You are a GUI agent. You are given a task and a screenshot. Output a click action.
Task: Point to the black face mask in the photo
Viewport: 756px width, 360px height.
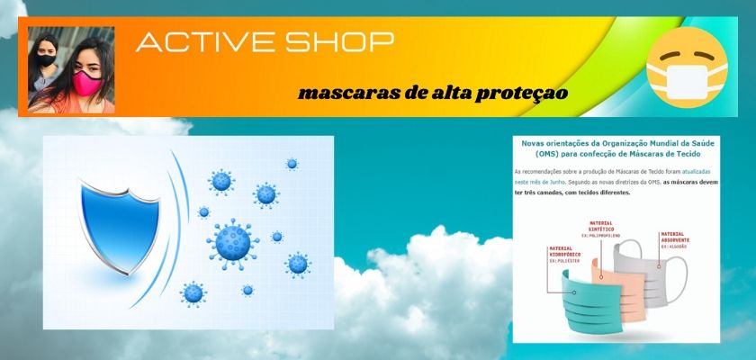47,66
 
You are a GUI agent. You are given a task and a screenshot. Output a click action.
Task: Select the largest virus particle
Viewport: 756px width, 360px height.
233,242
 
